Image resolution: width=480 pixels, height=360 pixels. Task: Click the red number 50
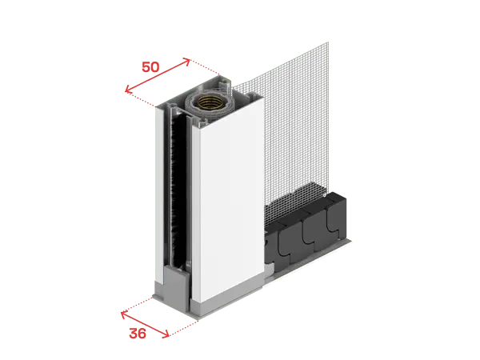tap(150, 66)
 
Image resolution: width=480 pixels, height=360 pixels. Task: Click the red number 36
tap(138, 334)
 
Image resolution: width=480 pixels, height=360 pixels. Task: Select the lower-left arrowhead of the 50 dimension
tap(128, 90)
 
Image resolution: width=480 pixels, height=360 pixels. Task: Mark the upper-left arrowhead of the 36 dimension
tap(123, 314)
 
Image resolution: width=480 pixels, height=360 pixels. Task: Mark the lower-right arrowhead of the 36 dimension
tap(166, 335)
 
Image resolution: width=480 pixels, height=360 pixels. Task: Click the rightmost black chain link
tap(336, 214)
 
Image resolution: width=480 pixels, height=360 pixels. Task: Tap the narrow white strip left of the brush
tap(159, 196)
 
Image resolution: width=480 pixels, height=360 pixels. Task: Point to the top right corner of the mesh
tap(329, 42)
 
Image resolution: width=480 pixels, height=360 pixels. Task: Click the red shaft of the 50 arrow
tap(158, 75)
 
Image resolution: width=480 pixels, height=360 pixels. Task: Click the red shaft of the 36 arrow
tap(145, 324)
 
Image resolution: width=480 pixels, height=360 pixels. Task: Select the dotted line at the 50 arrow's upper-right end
tap(205, 66)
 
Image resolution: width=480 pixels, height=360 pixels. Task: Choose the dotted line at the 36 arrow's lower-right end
tap(184, 328)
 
